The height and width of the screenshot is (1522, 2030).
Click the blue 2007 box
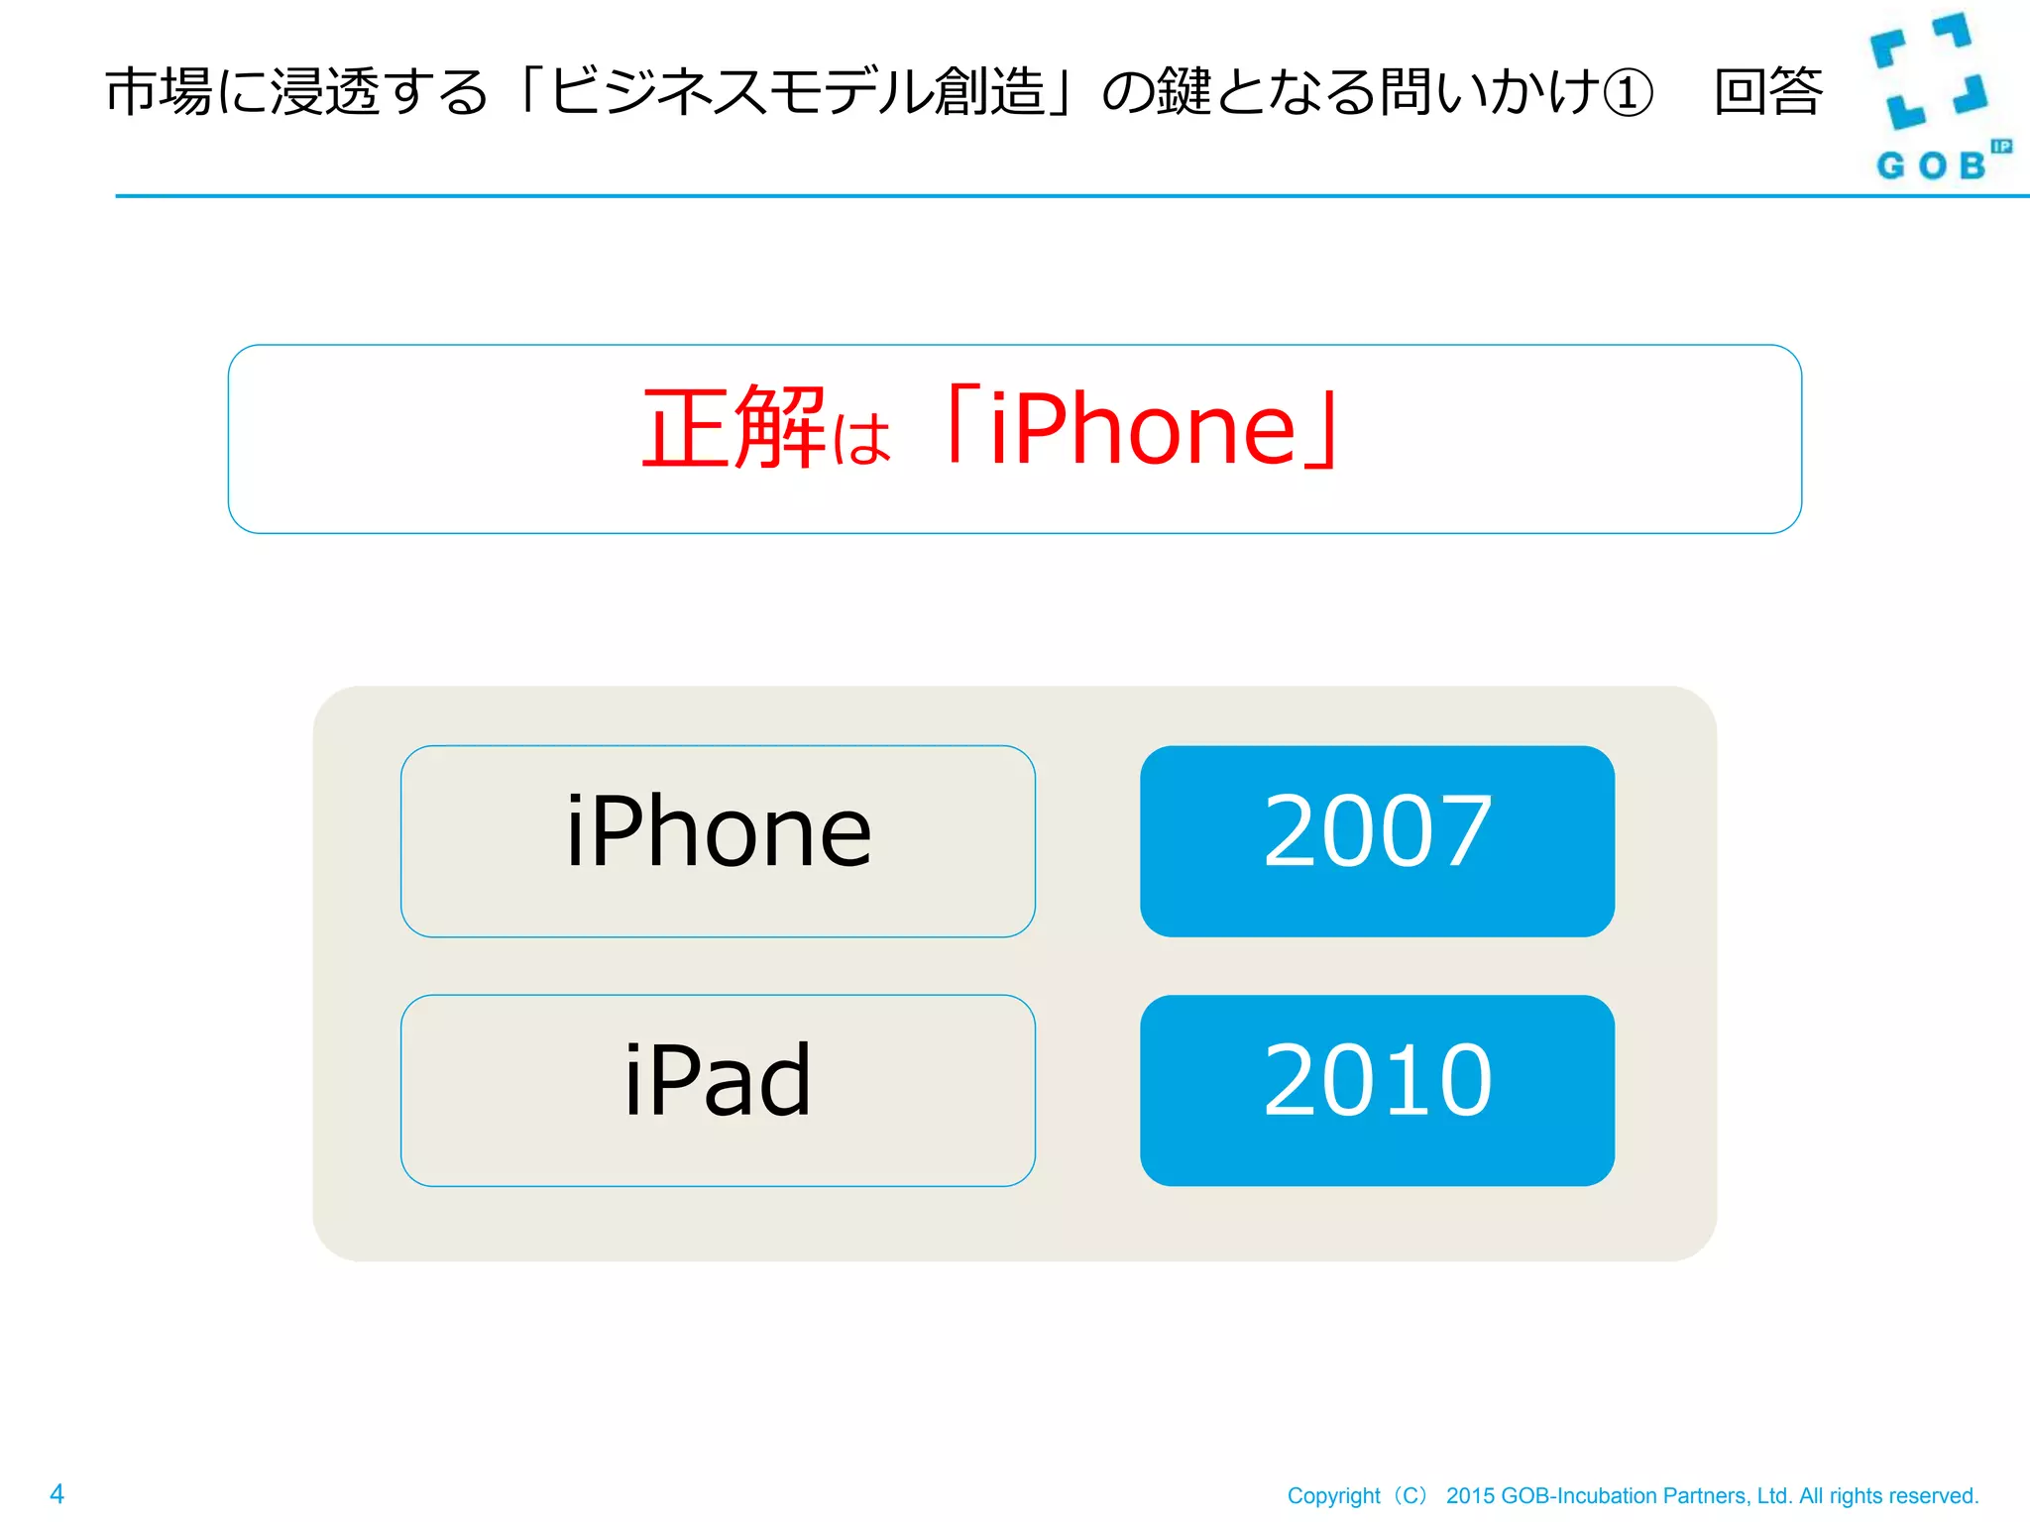pos(1377,840)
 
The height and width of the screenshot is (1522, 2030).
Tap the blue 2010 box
pos(1377,1090)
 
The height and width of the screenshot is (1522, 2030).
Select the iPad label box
pos(718,1090)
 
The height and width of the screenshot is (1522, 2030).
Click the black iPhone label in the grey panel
pos(718,832)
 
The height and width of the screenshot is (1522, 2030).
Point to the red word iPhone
pos(1142,430)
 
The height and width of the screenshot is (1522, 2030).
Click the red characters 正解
pos(733,428)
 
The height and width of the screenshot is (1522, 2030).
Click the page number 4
pos(57,1493)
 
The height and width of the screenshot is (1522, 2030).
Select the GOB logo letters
pos(1931,165)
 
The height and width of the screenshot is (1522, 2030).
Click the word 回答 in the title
pos(1768,92)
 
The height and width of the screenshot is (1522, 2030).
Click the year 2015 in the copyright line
pos(1470,1496)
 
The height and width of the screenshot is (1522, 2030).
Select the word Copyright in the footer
pos(1333,1496)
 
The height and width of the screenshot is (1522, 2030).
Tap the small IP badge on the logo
pos(2001,147)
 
